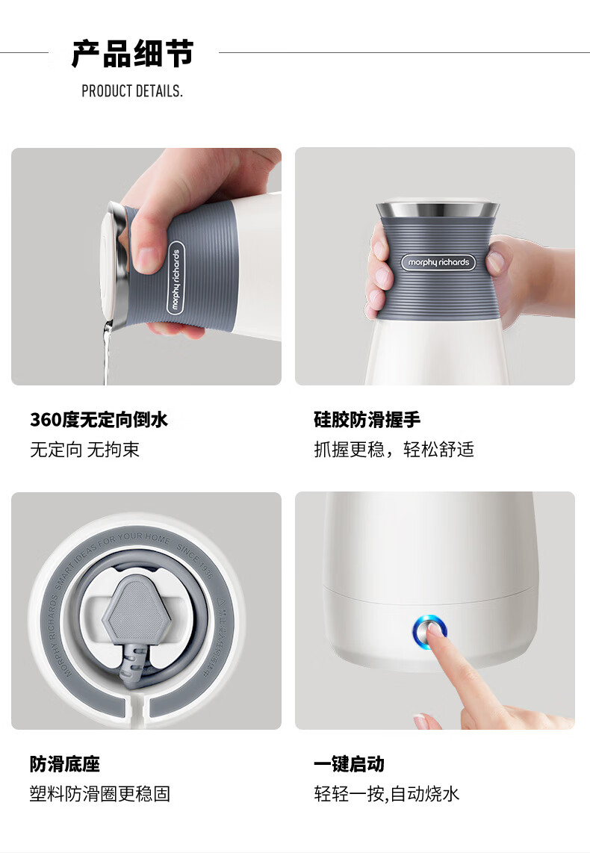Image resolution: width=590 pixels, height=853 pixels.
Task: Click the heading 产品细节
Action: pyautogui.click(x=133, y=54)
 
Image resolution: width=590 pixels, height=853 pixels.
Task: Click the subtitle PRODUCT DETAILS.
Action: pyautogui.click(x=132, y=91)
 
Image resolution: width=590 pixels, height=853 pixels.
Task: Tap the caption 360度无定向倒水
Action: pyautogui.click(x=99, y=420)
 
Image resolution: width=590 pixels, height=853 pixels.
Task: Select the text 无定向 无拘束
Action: pyautogui.click(x=84, y=450)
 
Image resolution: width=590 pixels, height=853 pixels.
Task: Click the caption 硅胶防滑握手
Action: pyautogui.click(x=367, y=420)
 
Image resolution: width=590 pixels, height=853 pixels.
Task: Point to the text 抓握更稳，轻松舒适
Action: pyautogui.click(x=394, y=450)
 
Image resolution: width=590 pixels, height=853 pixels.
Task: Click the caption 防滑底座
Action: pyautogui.click(x=64, y=764)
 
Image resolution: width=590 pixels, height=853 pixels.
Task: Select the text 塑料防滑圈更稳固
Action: pyautogui.click(x=100, y=793)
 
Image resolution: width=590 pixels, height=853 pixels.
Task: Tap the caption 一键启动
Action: pyautogui.click(x=349, y=764)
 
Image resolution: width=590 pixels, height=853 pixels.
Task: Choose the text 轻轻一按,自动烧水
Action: pyautogui.click(x=386, y=793)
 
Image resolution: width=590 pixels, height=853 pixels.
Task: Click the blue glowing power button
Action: pyautogui.click(x=429, y=632)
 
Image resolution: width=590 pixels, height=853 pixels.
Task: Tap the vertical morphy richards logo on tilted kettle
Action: pyautogui.click(x=176, y=277)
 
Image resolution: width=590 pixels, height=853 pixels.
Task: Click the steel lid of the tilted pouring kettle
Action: pyautogui.click(x=112, y=261)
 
